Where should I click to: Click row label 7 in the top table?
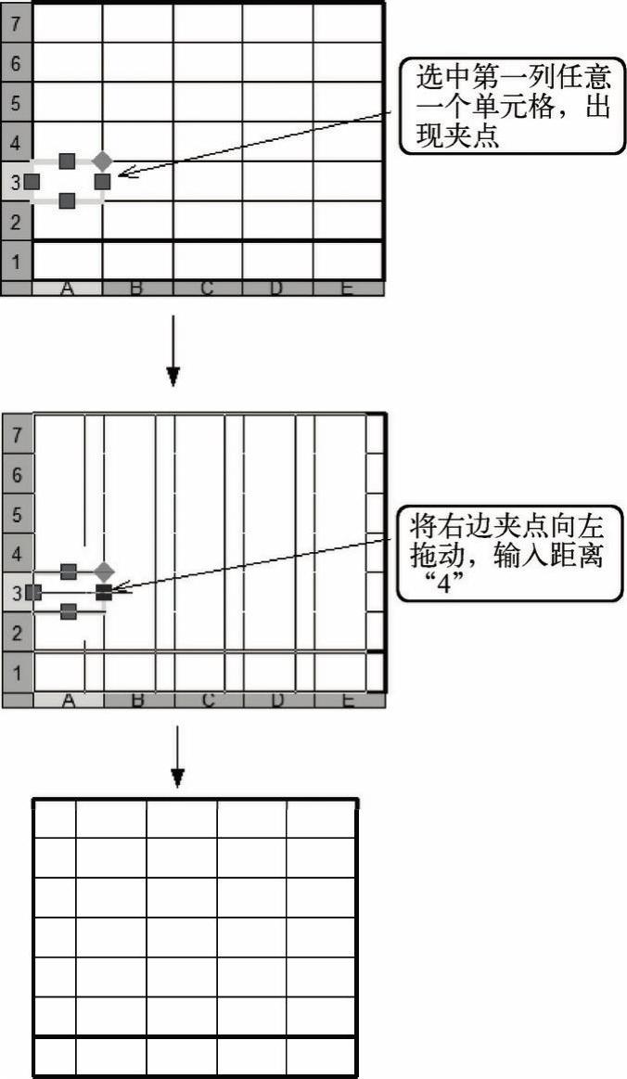pos(16,23)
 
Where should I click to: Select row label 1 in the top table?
pos(16,261)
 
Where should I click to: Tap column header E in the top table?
pos(348,289)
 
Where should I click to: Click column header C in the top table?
pos(207,289)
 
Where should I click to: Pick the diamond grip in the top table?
pos(103,161)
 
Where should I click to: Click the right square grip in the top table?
pos(102,182)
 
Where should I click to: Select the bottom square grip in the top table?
pos(67,201)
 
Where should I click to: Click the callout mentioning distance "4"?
pos(510,554)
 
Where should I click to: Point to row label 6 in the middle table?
pos(17,475)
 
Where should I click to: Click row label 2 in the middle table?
pos(17,633)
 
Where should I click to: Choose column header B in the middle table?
pos(137,700)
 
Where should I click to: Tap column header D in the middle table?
pos(277,700)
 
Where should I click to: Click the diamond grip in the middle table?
pos(104,572)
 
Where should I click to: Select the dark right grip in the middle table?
pos(104,592)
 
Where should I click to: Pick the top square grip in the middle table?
pos(68,572)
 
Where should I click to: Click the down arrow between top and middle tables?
pos(173,351)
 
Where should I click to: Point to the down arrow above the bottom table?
pos(177,756)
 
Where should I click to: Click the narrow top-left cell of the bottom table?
pos(55,819)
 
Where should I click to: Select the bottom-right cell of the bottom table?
pos(322,1057)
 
